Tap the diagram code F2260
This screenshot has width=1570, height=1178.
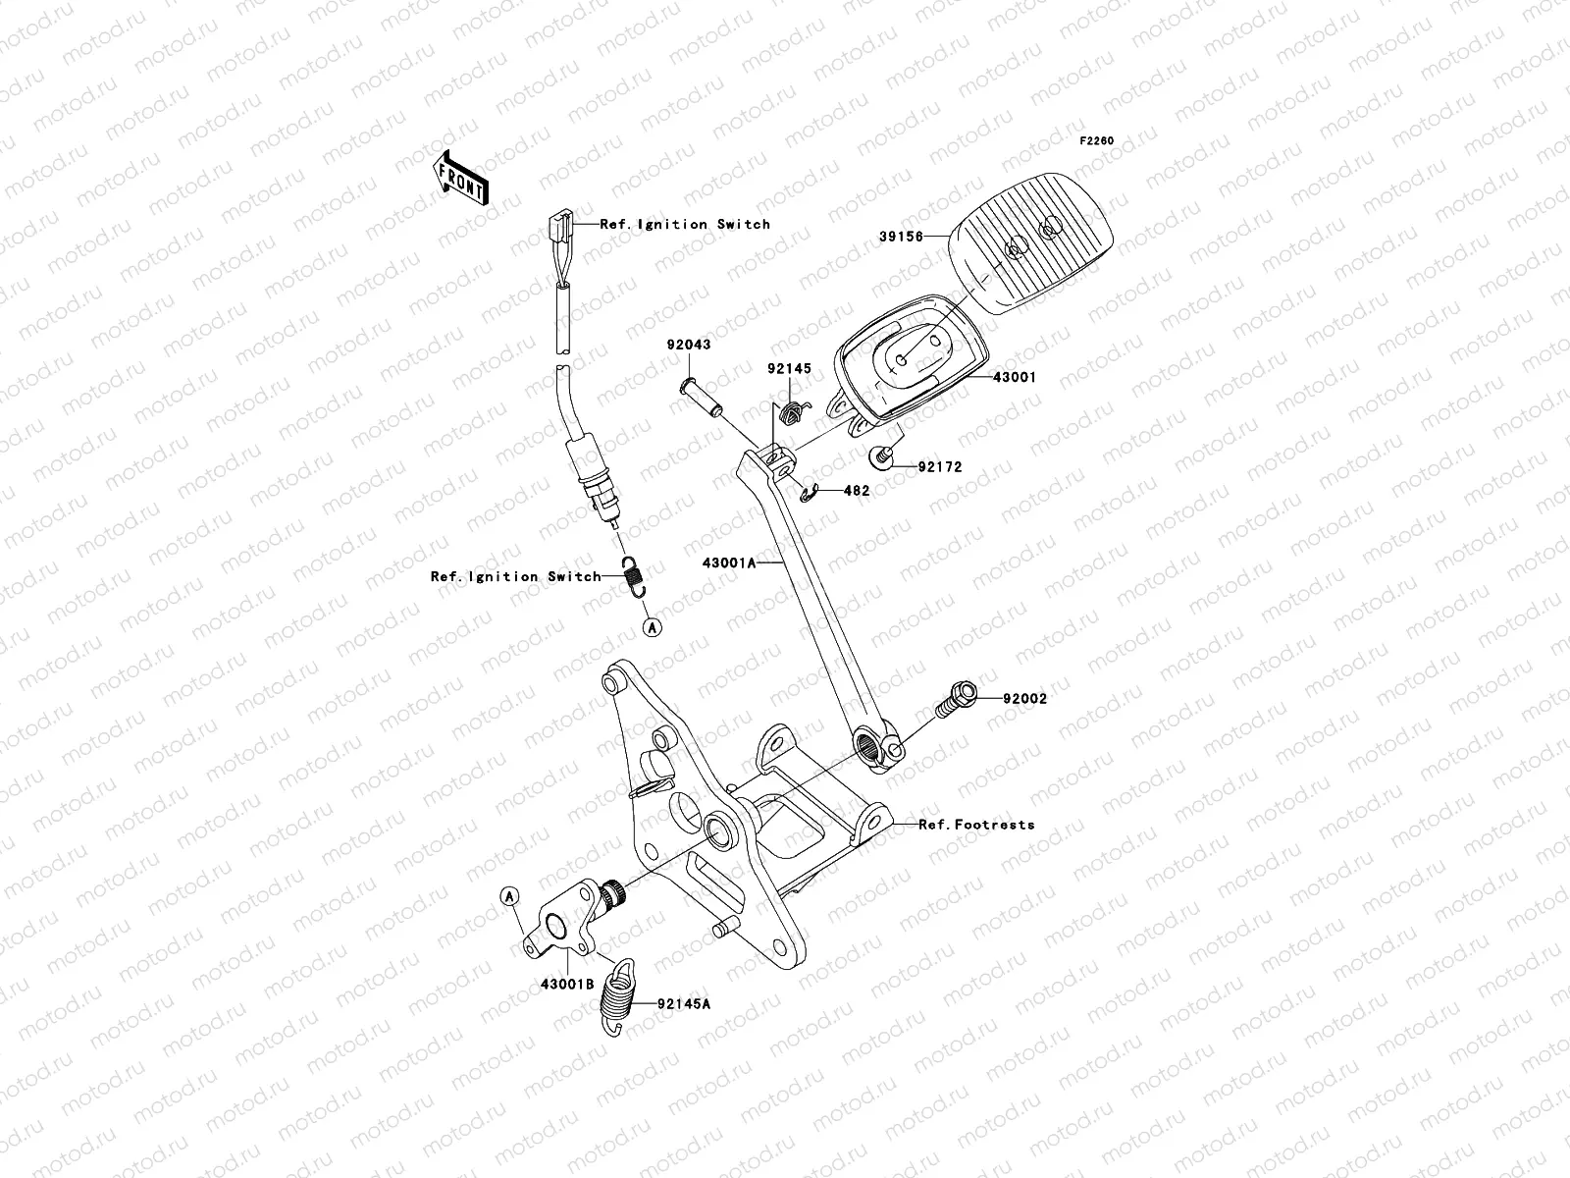click(1097, 141)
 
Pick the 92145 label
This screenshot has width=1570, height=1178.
click(789, 369)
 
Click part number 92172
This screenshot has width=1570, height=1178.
click(939, 467)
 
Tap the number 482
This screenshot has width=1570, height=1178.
click(857, 490)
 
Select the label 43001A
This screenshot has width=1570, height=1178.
click(729, 563)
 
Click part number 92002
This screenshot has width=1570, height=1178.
click(1024, 699)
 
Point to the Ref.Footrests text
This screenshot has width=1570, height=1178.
click(976, 825)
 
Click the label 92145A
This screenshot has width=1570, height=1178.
click(684, 1003)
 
